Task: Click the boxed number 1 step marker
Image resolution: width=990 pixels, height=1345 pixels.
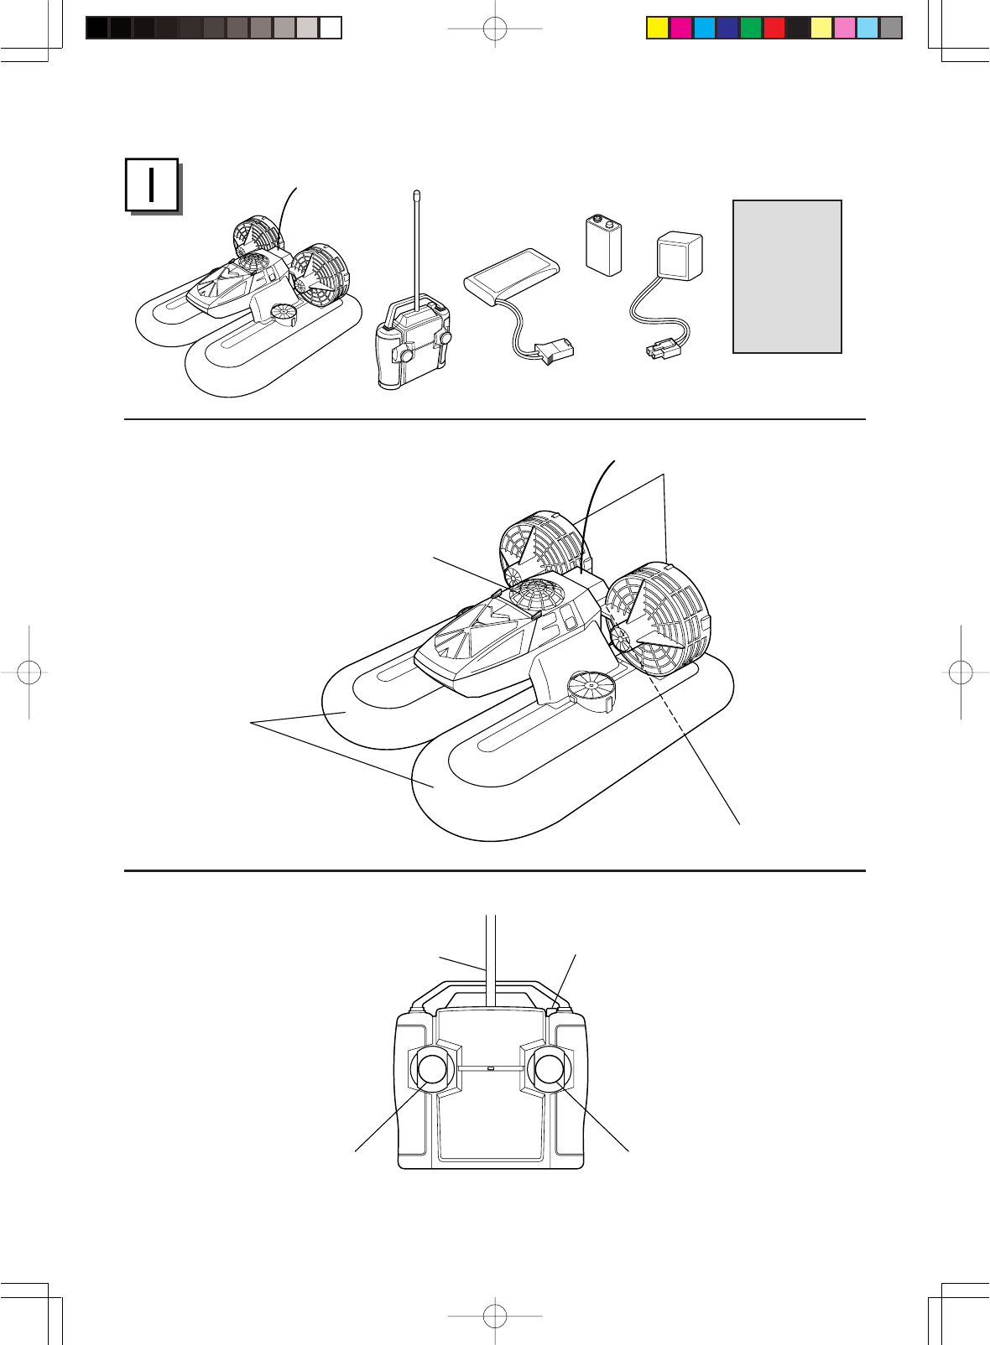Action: pyautogui.click(x=152, y=184)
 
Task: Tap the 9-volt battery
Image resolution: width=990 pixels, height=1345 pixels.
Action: pyautogui.click(x=603, y=245)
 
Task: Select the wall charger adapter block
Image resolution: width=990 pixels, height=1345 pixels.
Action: pyautogui.click(x=679, y=257)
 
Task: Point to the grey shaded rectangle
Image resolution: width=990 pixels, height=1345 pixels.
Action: pyautogui.click(x=787, y=276)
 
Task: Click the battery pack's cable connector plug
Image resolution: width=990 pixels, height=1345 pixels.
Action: pyautogui.click(x=555, y=351)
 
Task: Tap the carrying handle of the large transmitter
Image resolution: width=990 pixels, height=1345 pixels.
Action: pyautogui.click(x=491, y=993)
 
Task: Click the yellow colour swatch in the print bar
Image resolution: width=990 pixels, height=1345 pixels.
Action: pyautogui.click(x=657, y=28)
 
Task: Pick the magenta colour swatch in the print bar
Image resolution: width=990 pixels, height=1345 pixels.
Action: pyautogui.click(x=680, y=28)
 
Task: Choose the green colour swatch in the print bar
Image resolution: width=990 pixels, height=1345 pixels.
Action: pyautogui.click(x=750, y=28)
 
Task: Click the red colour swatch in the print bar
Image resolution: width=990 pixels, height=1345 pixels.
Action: pyautogui.click(x=774, y=28)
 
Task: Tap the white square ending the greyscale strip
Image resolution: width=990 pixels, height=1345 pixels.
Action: pyautogui.click(x=331, y=28)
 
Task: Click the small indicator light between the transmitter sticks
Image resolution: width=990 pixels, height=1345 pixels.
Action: pyautogui.click(x=491, y=1069)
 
